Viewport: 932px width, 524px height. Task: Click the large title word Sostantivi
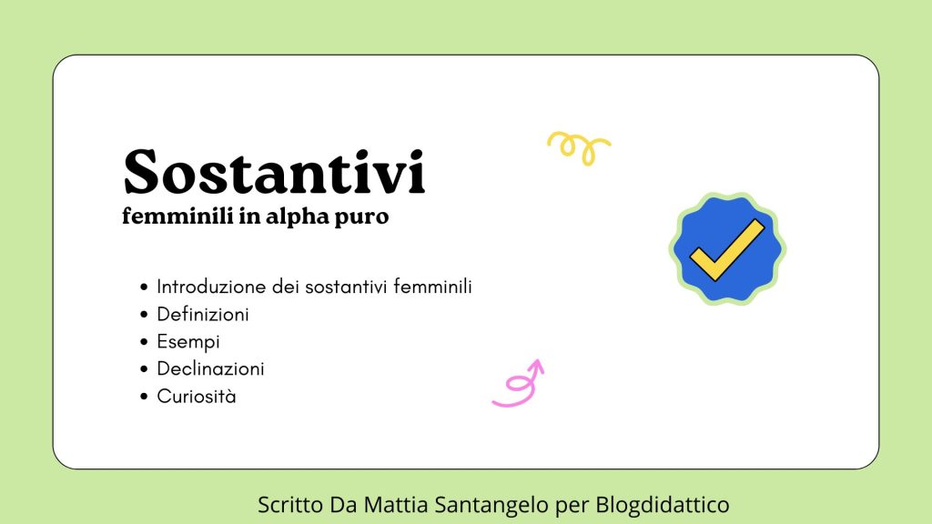click(274, 172)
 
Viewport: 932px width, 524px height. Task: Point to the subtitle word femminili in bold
click(177, 215)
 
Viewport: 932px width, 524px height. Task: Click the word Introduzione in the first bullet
click(211, 287)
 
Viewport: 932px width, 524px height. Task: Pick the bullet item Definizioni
click(203, 314)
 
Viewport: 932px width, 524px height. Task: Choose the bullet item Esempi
click(188, 342)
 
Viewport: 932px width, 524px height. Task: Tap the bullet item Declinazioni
click(210, 368)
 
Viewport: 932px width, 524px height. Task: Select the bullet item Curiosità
click(197, 396)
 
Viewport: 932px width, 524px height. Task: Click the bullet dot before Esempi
click(144, 342)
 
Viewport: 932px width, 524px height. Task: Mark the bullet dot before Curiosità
click(144, 397)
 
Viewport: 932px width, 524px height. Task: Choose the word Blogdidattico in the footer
click(663, 504)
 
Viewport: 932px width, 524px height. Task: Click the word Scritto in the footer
click(290, 504)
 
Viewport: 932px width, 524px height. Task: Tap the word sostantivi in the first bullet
click(347, 287)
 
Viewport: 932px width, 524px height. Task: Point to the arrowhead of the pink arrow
click(536, 365)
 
